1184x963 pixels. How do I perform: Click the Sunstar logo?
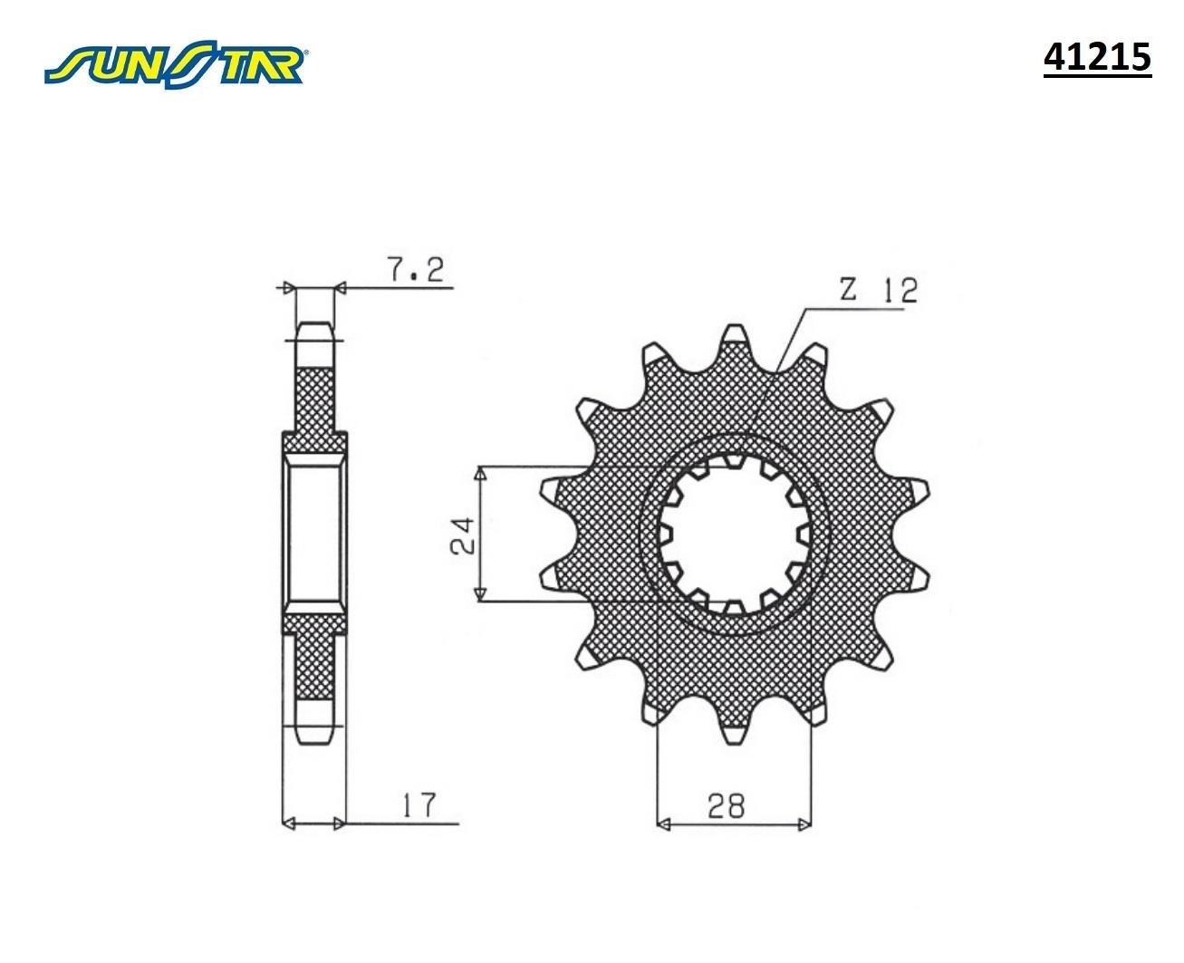click(177, 64)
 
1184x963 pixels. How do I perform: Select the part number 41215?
click(1096, 57)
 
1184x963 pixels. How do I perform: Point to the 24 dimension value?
click(461, 535)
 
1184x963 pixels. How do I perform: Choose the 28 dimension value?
click(727, 804)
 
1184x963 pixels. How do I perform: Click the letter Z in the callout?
click(847, 290)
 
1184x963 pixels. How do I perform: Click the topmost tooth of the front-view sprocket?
click(734, 342)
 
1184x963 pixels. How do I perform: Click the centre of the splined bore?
click(734, 534)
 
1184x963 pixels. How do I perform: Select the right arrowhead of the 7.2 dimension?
click(342, 288)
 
